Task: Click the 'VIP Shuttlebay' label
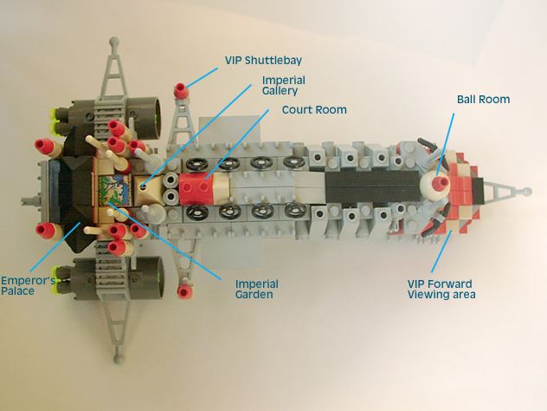(263, 61)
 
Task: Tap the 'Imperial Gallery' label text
(284, 86)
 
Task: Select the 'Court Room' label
(314, 110)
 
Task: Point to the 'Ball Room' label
(483, 99)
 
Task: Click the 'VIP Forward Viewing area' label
(441, 289)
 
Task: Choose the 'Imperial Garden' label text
(257, 289)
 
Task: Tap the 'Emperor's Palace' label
(28, 286)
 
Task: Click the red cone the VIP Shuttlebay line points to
(182, 90)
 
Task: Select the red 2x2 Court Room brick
(196, 189)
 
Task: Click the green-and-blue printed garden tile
(114, 191)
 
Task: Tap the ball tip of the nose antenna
(527, 192)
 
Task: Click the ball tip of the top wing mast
(114, 42)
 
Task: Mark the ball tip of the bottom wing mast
(119, 358)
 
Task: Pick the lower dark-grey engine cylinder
(145, 277)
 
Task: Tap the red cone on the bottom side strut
(185, 291)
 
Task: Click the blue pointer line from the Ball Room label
(446, 144)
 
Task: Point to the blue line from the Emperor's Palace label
(55, 247)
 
